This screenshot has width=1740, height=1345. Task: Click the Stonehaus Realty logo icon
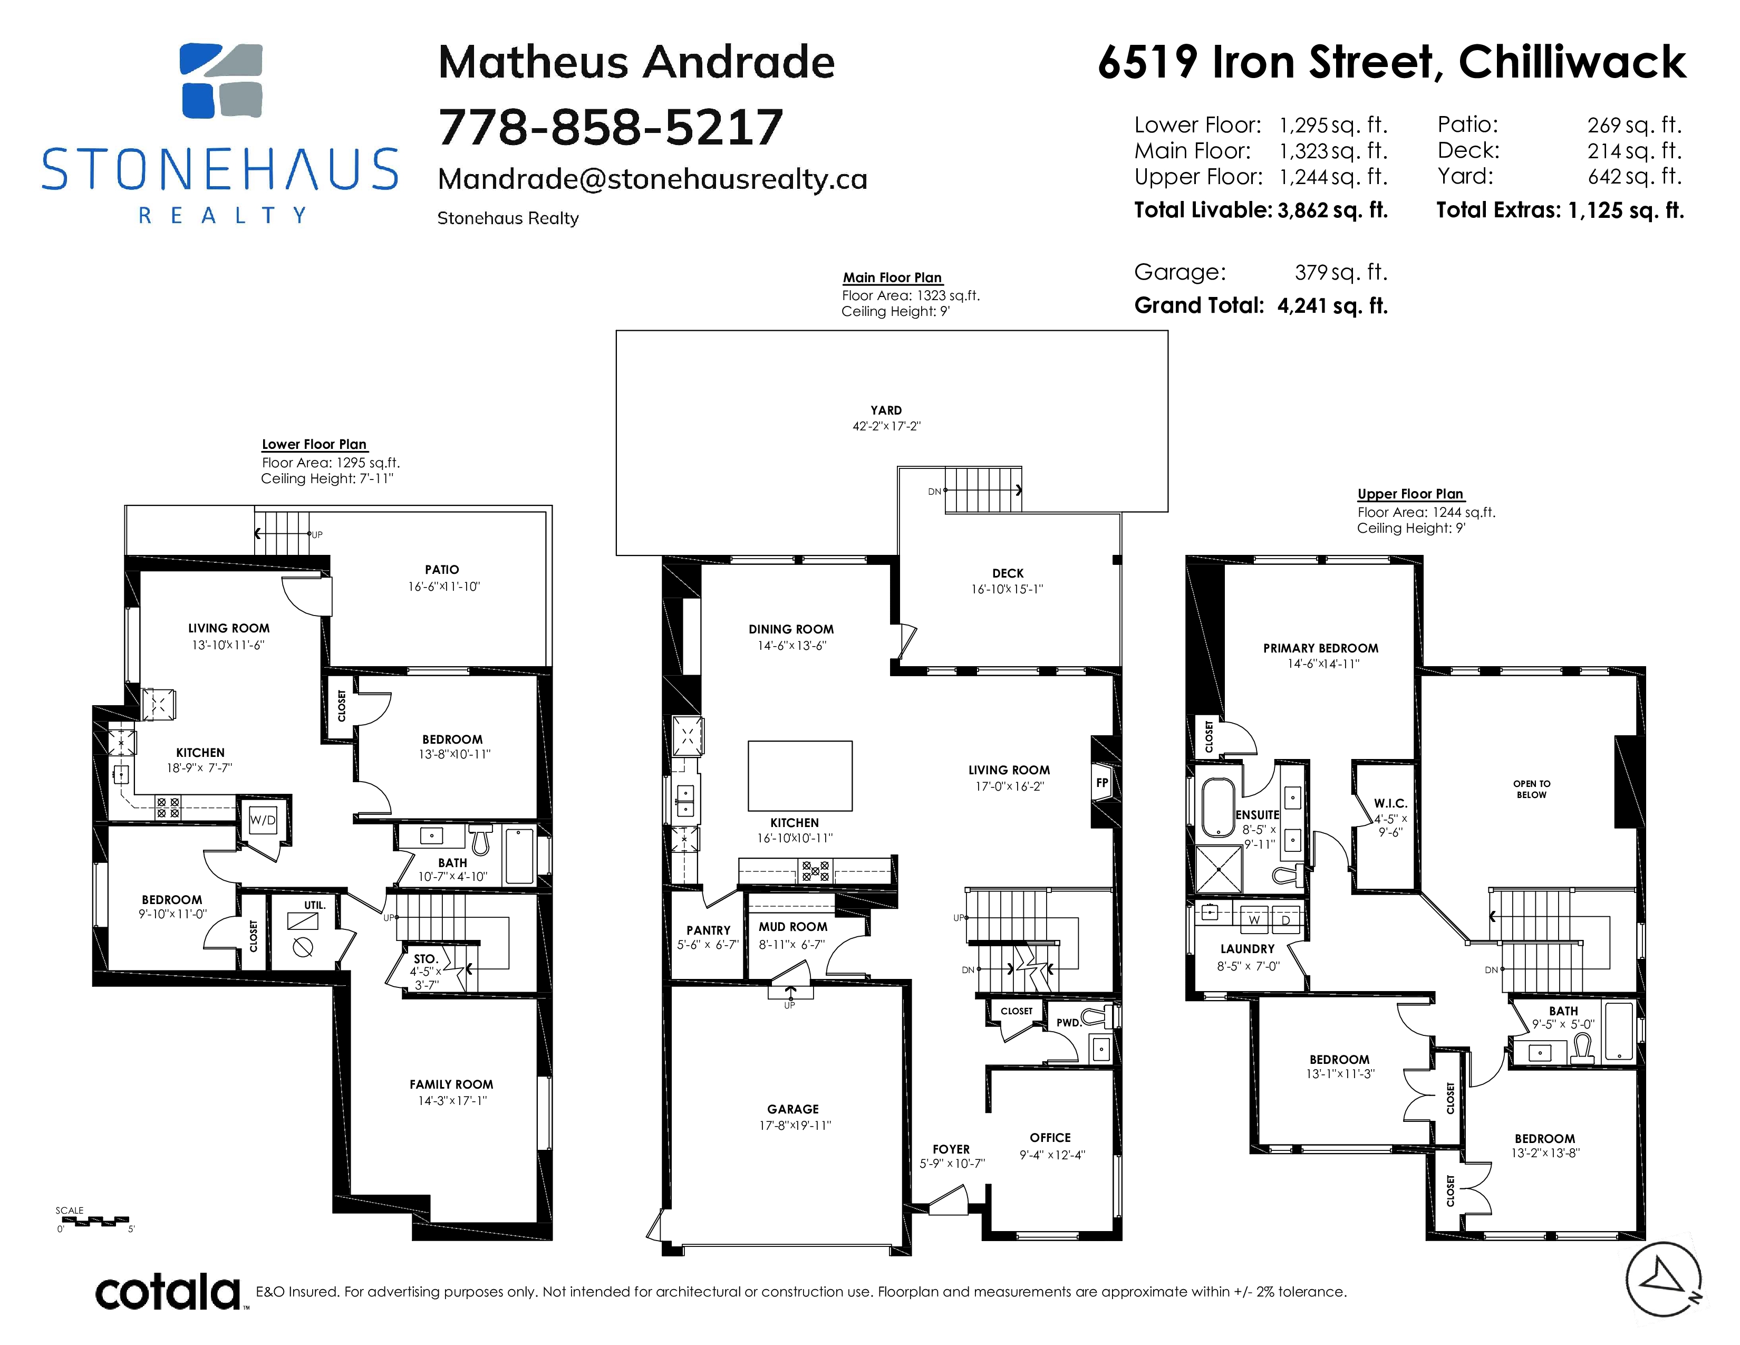click(221, 81)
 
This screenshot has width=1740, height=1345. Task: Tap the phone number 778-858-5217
click(610, 128)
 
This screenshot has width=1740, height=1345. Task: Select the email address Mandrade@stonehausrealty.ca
click(653, 179)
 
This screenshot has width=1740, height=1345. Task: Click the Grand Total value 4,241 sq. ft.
click(1332, 306)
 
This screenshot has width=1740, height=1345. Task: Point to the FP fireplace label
click(1102, 782)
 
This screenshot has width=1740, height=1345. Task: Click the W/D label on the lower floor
click(263, 820)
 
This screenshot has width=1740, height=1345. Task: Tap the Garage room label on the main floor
click(792, 1109)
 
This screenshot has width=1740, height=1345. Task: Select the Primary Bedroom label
click(1320, 648)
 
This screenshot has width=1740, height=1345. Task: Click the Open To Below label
click(1531, 789)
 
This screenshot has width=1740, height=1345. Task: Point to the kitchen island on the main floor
click(800, 775)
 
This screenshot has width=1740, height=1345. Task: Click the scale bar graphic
click(92, 1220)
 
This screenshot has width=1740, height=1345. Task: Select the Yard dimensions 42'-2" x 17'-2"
click(886, 426)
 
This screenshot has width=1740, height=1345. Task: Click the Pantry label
click(708, 930)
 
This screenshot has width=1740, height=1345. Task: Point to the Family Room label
click(451, 1084)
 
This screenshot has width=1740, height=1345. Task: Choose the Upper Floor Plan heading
click(1410, 494)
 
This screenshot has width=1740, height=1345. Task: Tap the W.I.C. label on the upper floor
click(1390, 803)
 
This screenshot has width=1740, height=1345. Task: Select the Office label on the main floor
click(1050, 1138)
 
